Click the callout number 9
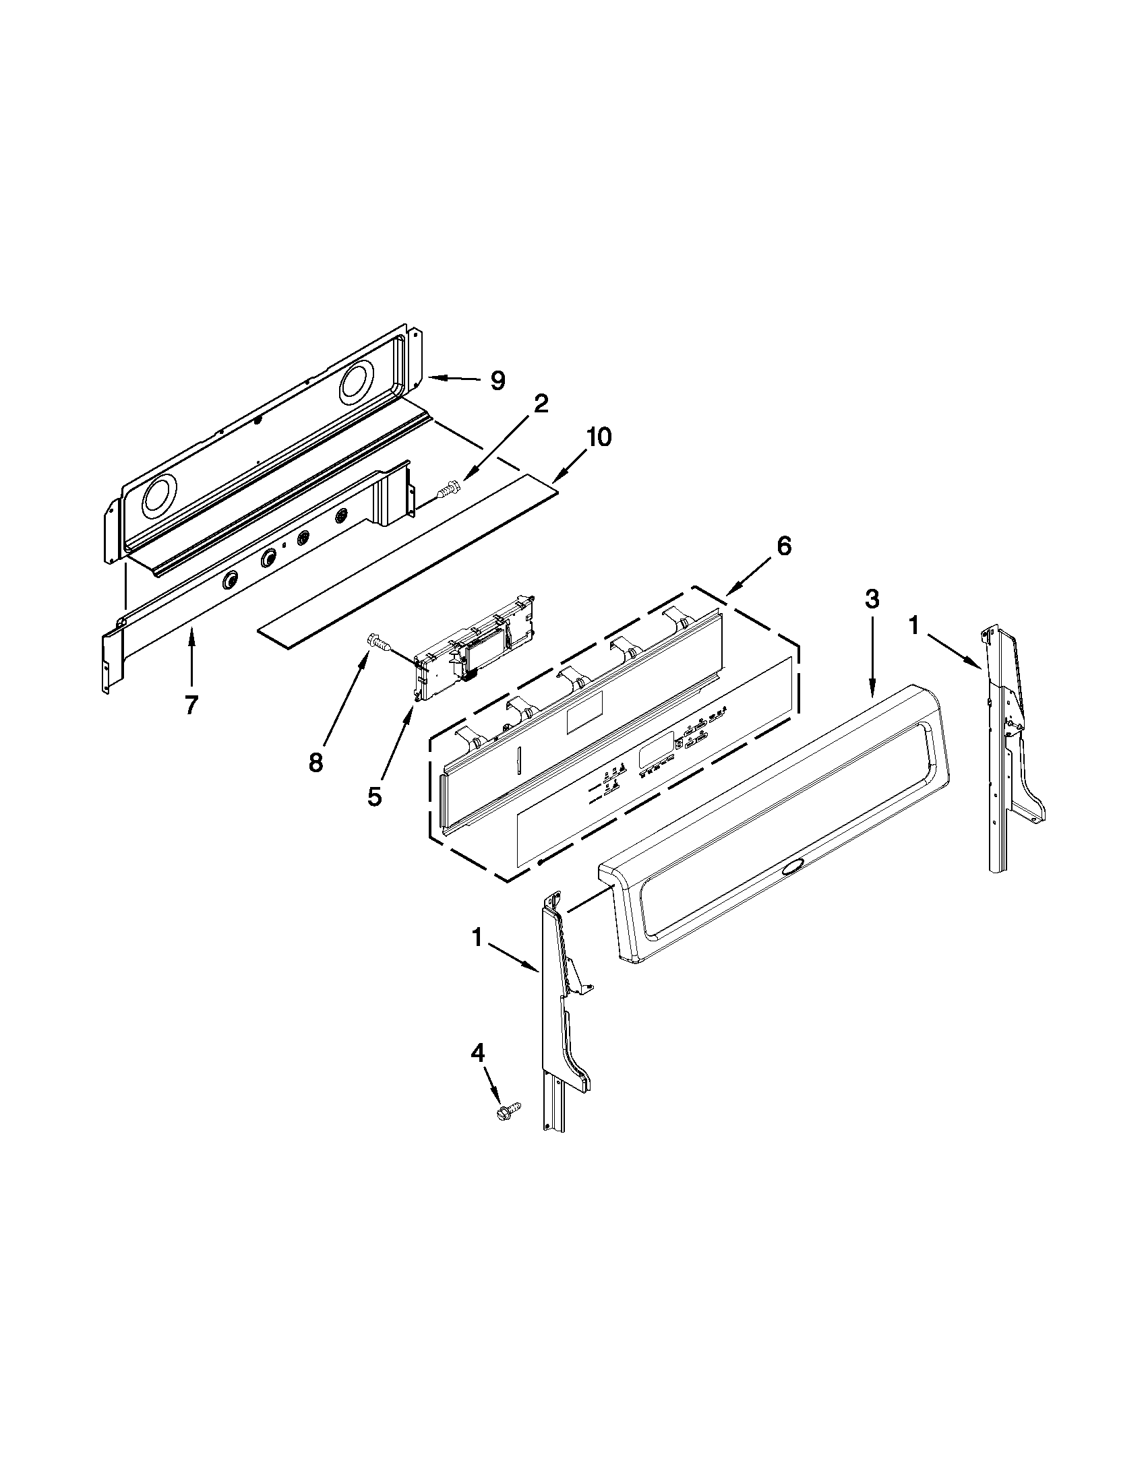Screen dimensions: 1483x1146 (x=498, y=380)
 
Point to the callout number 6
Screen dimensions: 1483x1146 (x=784, y=546)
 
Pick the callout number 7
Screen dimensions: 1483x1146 (x=191, y=706)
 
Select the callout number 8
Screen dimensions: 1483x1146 (x=315, y=763)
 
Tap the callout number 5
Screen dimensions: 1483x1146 (x=374, y=796)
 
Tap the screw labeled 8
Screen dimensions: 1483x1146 (x=379, y=641)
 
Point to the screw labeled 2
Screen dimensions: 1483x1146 (x=449, y=488)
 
